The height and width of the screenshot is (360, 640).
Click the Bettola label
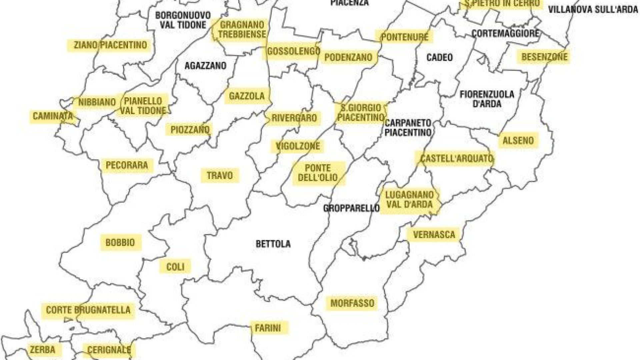pyautogui.click(x=273, y=244)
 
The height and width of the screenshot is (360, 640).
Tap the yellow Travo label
pyautogui.click(x=220, y=175)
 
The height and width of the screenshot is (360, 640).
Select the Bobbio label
pyautogui.click(x=120, y=242)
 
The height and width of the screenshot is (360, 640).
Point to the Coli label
pyautogui.click(x=175, y=267)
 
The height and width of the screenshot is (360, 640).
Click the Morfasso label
pyautogui.click(x=352, y=303)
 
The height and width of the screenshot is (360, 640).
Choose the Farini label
pyautogui.click(x=268, y=328)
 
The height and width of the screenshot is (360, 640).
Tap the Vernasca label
pyautogui.click(x=434, y=235)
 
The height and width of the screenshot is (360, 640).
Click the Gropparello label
pyautogui.click(x=351, y=208)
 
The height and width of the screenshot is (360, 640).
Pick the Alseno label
pyautogui.click(x=518, y=140)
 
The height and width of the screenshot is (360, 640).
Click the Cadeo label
pyautogui.click(x=440, y=58)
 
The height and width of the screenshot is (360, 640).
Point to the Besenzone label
pyautogui.click(x=544, y=57)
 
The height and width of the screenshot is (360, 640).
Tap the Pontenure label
pyautogui.click(x=405, y=37)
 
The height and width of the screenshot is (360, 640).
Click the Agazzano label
pyautogui.click(x=205, y=66)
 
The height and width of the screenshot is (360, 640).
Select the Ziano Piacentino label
pyautogui.click(x=110, y=45)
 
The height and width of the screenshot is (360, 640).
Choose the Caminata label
pyautogui.click(x=53, y=116)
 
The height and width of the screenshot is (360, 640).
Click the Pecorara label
pyautogui.click(x=127, y=165)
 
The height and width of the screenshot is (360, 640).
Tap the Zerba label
pyautogui.click(x=42, y=350)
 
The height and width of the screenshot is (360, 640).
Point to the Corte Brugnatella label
pyautogui.click(x=88, y=310)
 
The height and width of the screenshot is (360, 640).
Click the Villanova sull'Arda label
pyautogui.click(x=593, y=10)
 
